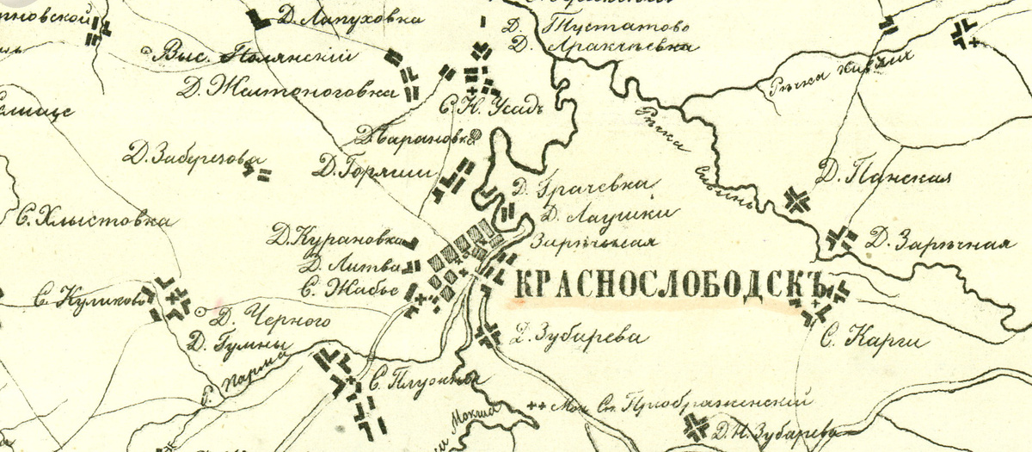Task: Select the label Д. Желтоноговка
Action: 288,88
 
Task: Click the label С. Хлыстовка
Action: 91,219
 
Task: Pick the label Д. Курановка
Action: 335,233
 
